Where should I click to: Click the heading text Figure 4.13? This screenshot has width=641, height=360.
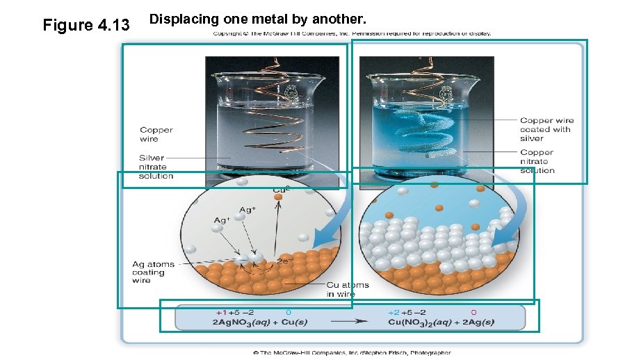86,26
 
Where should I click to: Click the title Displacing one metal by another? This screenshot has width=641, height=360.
258,19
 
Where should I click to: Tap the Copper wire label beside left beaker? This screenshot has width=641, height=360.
156,134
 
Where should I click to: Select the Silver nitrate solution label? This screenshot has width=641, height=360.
156,167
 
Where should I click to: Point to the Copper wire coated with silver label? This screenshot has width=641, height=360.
546,129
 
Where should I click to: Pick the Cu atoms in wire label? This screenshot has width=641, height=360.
348,290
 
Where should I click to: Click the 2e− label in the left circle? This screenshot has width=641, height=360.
283,261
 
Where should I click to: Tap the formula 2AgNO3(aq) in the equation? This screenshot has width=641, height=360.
242,322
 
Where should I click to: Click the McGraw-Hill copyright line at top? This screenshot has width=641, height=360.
352,33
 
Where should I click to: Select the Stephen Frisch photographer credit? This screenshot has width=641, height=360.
352,352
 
